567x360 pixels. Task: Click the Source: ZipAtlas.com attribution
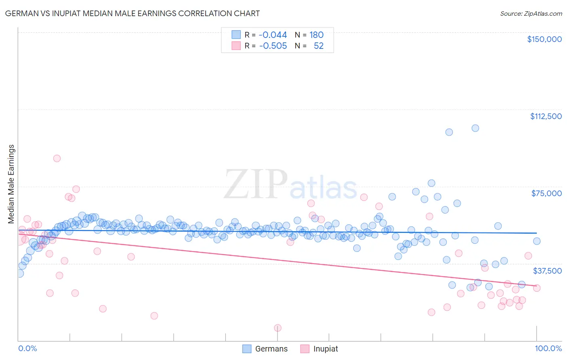[531, 13]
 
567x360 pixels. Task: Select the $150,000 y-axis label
[544, 39]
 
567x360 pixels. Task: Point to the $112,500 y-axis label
[546, 116]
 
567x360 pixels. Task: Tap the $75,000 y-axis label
[546, 193]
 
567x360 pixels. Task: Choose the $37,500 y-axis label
[547, 271]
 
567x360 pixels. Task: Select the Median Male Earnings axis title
[11, 184]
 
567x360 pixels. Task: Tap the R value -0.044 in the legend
[273, 35]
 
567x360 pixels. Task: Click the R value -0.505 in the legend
[273, 46]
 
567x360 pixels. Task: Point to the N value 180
[316, 35]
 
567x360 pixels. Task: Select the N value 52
[319, 46]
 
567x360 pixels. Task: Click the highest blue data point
[475, 128]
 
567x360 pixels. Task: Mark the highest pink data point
[57, 158]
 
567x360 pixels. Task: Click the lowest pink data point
[277, 328]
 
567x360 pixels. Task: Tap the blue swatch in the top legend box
[236, 35]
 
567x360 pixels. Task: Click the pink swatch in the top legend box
[236, 46]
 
